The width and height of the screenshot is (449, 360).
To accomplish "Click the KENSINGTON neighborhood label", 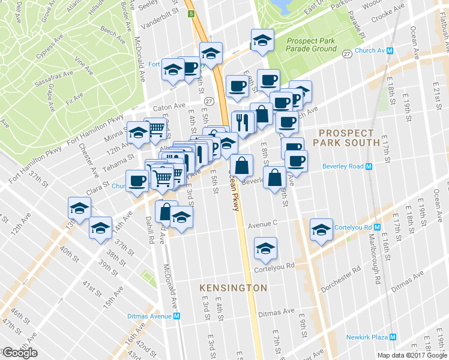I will coord(234,288).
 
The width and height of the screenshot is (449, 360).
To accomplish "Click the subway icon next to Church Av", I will coord(390,51).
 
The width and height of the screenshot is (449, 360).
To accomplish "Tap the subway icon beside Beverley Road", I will coord(369,166).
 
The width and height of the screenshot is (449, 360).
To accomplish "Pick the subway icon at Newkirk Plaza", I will coord(393,337).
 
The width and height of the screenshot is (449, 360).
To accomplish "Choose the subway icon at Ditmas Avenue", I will coord(176,316).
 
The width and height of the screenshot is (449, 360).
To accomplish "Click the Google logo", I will coord(20,353).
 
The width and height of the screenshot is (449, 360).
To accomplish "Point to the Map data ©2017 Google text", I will coord(412,355).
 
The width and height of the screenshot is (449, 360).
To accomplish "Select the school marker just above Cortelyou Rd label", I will coord(265,247).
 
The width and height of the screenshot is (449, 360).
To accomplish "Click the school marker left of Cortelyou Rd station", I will coord(321,229).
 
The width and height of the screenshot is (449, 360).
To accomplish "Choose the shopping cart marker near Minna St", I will coord(155,127).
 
